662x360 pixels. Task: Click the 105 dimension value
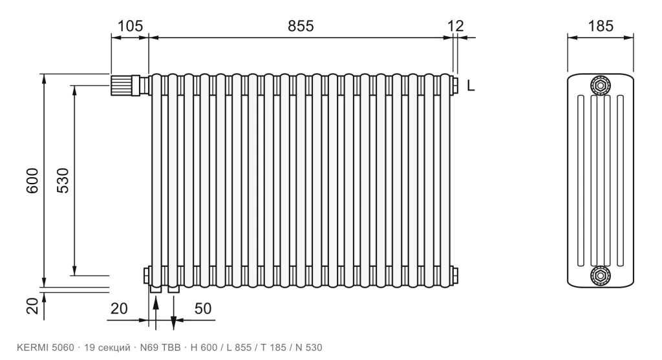pyautogui.click(x=130, y=26)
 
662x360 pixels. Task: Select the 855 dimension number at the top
pyautogui.click(x=301, y=26)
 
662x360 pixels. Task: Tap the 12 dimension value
pyautogui.click(x=456, y=26)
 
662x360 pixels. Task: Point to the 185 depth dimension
pyautogui.click(x=601, y=26)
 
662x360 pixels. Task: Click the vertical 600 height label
pyautogui.click(x=32, y=180)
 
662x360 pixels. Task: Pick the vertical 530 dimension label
pyautogui.click(x=63, y=180)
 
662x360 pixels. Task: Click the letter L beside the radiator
pyautogui.click(x=471, y=86)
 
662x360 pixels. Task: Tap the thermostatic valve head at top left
pyautogui.click(x=121, y=85)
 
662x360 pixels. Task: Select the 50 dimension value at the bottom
pyautogui.click(x=202, y=308)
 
